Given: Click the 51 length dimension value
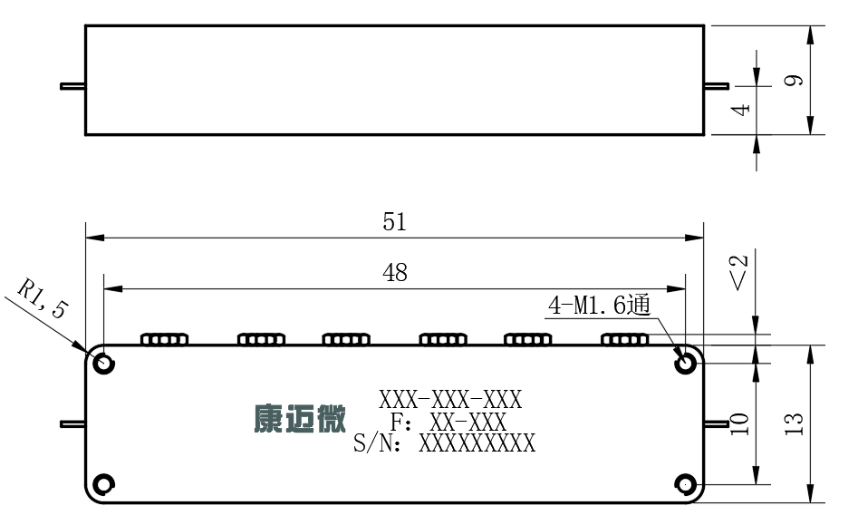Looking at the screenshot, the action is [x=394, y=222].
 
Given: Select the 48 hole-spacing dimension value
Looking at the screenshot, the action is [x=394, y=272].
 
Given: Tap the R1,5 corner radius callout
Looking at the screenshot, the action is [x=43, y=299].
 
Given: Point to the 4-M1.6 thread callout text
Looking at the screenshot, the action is [x=600, y=305].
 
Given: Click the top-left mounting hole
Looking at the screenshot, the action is [x=103, y=363].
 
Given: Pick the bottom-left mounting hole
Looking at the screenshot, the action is [x=103, y=484].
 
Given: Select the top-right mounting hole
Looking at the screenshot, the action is [x=685, y=363].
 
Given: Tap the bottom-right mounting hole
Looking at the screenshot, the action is [x=685, y=484].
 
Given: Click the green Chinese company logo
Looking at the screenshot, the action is [x=300, y=419].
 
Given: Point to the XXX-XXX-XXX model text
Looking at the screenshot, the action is [x=450, y=400].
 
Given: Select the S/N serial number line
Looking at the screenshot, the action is [x=444, y=442].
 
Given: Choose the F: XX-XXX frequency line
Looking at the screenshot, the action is [x=448, y=422].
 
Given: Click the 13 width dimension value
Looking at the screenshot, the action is [x=794, y=423].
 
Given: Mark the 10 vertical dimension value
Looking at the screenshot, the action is [x=739, y=423].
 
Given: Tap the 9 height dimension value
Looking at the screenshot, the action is [x=794, y=80].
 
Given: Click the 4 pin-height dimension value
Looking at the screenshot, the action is [x=740, y=109].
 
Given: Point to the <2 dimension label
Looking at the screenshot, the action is [x=738, y=272].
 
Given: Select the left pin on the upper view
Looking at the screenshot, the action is [x=72, y=86].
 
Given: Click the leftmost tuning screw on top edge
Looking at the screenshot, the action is [x=165, y=339].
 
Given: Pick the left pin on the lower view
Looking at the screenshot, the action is [x=72, y=423].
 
